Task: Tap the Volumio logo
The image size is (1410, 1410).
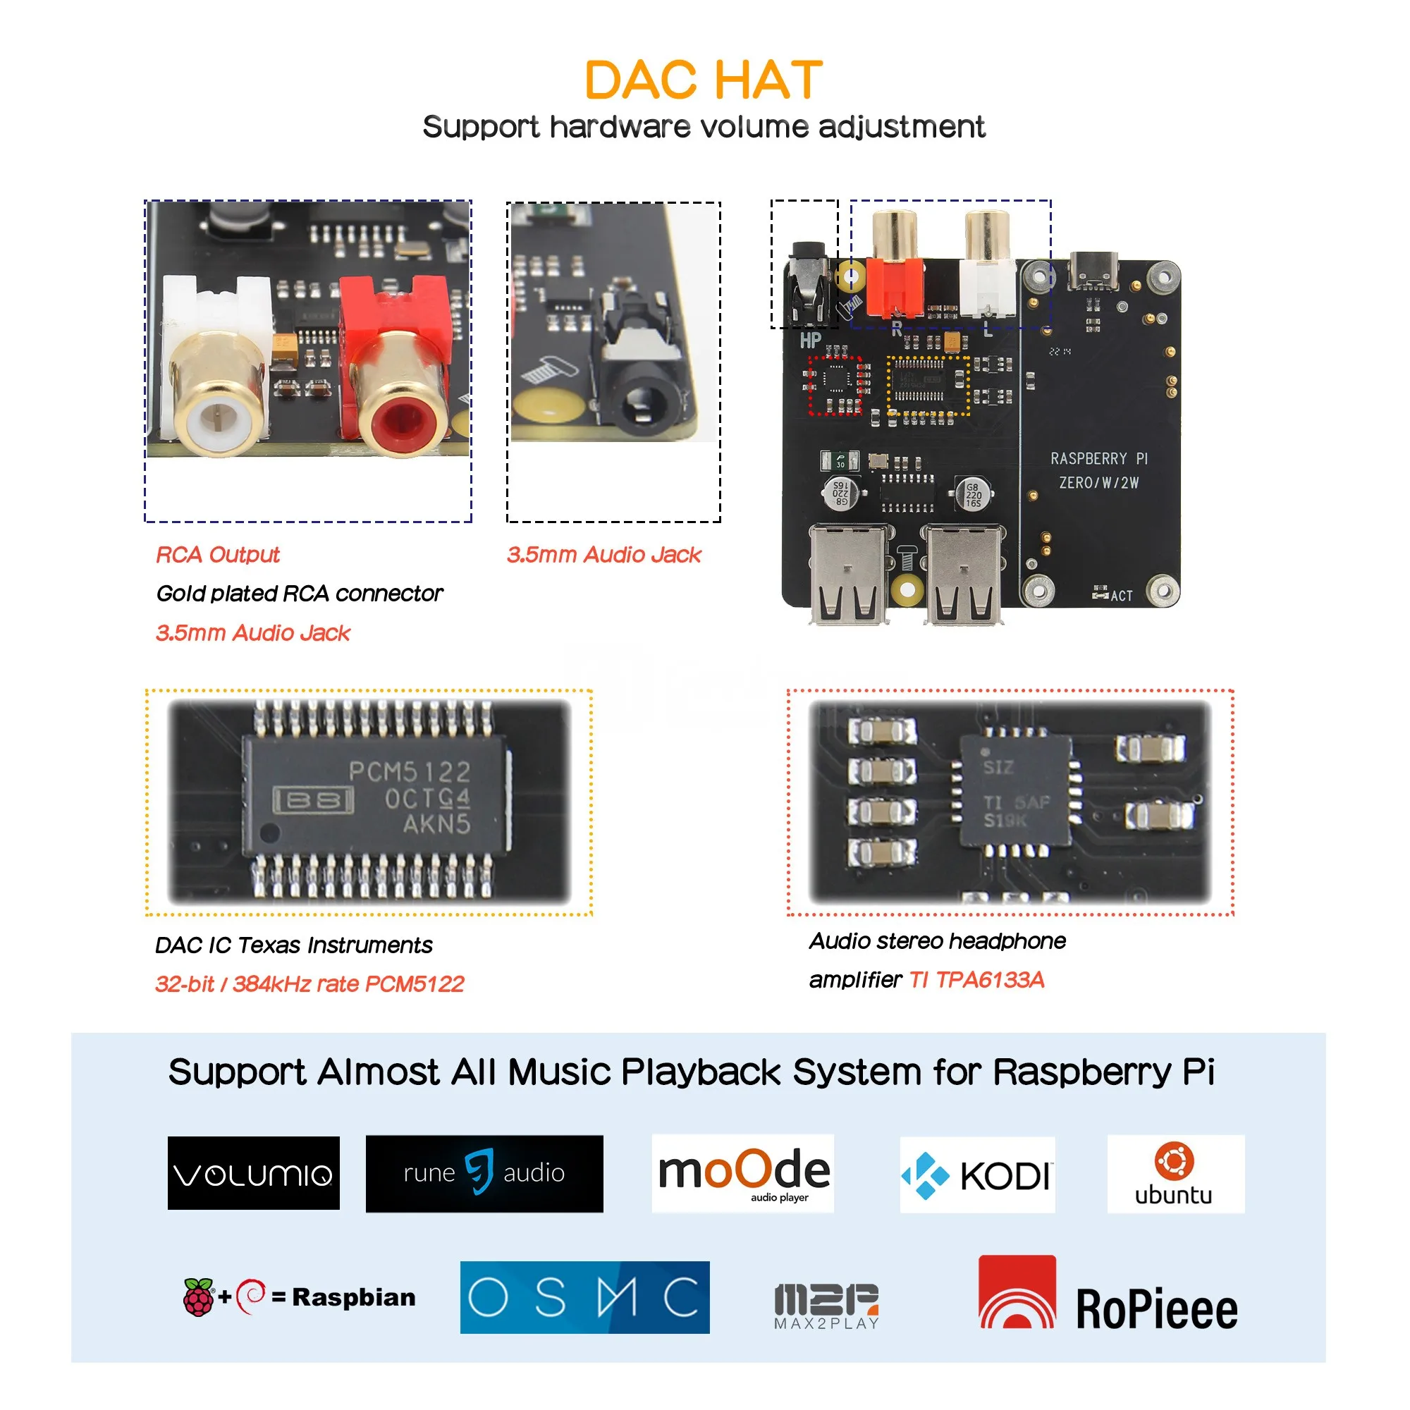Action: tap(253, 1173)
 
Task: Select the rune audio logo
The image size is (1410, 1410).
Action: tap(484, 1173)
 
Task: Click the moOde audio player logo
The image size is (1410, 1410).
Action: tap(743, 1173)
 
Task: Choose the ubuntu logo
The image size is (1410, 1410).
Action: tap(1175, 1174)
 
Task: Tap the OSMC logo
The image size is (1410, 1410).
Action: tap(584, 1297)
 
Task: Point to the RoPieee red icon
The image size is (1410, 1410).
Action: tap(1017, 1292)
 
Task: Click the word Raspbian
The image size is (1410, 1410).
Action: tap(354, 1297)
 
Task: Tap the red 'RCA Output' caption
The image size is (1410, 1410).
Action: tap(217, 555)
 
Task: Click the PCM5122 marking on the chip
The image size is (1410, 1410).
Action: tap(410, 771)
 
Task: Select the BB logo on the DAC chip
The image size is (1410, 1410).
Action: tap(313, 801)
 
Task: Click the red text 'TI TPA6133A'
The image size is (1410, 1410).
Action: tap(976, 979)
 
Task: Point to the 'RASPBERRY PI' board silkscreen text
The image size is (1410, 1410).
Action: tap(1098, 458)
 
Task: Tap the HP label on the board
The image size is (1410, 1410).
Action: tap(810, 340)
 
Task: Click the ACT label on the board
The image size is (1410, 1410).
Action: tap(1122, 596)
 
